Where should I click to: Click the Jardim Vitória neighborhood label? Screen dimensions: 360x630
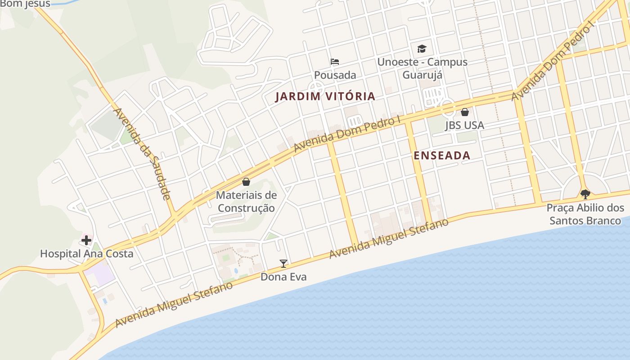325,96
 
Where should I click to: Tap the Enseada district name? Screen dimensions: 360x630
441,156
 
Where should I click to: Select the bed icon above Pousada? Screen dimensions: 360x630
335,62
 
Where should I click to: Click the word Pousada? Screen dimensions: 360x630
335,75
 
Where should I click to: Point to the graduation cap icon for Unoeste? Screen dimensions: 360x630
422,49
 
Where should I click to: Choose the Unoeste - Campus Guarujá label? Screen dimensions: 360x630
422,68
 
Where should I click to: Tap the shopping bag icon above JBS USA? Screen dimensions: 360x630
465,112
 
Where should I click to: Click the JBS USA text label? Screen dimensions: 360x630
464,126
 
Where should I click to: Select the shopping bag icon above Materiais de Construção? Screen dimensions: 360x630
246,182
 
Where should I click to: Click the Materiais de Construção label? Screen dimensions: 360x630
246,202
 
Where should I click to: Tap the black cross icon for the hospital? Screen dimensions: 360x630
86,240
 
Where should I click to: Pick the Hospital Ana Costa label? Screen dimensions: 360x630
86,254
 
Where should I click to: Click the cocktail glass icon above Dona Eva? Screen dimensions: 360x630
283,264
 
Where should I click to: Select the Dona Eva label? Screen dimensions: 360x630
283,277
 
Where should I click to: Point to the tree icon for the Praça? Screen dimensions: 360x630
585,194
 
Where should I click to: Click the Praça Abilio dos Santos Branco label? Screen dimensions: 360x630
585,214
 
